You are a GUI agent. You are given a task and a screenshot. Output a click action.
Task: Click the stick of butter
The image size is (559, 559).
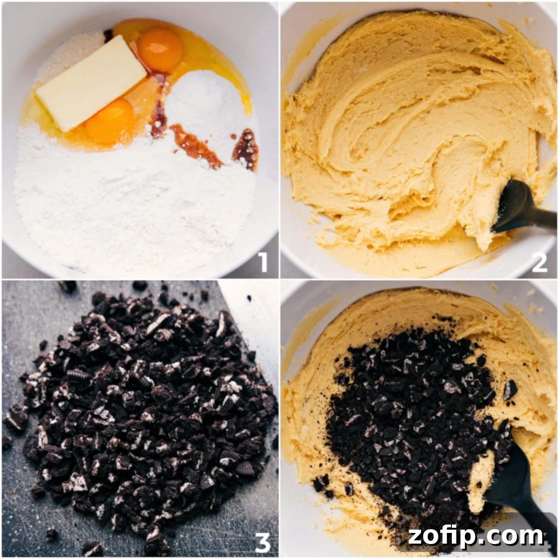tap(91, 83)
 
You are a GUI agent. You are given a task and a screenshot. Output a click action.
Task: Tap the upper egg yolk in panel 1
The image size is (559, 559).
tap(160, 50)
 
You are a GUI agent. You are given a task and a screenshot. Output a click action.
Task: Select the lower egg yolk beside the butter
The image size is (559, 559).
tap(111, 121)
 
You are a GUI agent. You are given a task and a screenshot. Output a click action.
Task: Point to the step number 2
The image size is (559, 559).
tap(539, 262)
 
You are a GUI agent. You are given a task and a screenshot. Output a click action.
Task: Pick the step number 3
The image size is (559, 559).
tap(263, 542)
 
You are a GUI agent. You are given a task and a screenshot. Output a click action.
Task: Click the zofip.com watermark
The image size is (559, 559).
tap(475, 537)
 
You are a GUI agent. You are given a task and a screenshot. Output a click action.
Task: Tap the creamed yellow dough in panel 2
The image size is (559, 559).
tap(396, 140)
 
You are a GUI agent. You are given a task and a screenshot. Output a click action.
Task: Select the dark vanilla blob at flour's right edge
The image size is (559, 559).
tap(246, 149)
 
